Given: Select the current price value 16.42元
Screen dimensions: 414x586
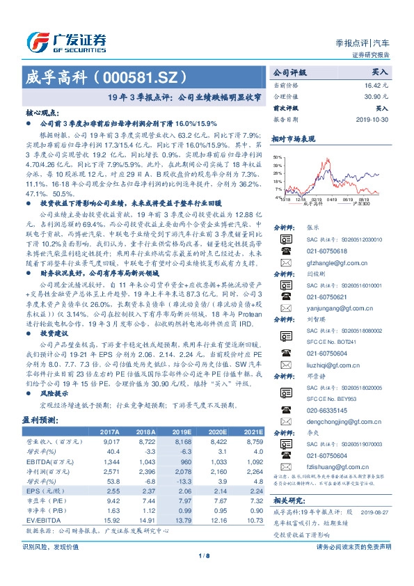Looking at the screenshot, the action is point(376,84).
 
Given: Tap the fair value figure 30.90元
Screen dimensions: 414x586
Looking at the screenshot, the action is point(376,96).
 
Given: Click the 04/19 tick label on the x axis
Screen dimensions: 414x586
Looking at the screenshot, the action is point(331,198).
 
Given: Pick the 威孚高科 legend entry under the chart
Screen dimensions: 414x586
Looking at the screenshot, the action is point(314,204).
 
